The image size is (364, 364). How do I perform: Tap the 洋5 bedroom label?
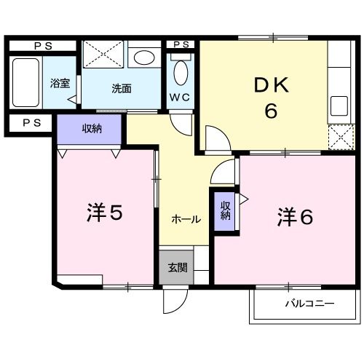tap(104, 213)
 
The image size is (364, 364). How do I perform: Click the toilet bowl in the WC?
tap(181, 74)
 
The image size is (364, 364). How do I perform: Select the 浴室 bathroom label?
tap(60, 83)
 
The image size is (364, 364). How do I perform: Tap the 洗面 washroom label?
tap(121, 89)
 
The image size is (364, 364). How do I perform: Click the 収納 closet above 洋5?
tap(91, 129)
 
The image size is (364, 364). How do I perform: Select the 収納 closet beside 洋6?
tap(225, 210)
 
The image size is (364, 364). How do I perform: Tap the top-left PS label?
tap(41, 45)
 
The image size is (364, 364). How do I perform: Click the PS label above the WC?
tap(181, 44)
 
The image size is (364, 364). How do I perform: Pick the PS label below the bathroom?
tap(31, 123)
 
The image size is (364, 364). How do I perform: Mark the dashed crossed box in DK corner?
tap(338, 136)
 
